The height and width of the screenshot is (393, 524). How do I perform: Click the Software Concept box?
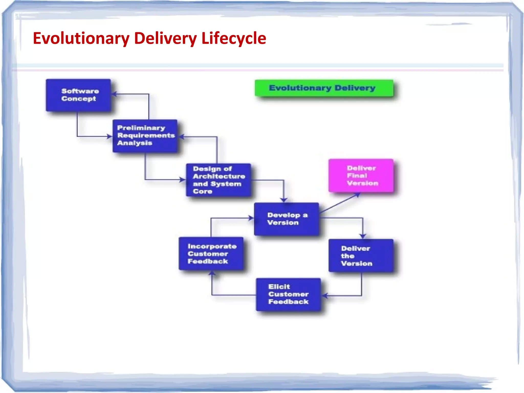(78, 95)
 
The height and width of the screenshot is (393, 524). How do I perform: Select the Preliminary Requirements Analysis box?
(145, 136)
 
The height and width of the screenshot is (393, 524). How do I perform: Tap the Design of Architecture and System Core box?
(218, 180)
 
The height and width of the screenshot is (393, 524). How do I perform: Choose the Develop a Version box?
(286, 219)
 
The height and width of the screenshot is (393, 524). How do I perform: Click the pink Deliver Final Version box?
(361, 176)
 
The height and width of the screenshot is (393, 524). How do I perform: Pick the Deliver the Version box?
(361, 256)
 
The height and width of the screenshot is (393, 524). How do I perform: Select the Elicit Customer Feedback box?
(288, 294)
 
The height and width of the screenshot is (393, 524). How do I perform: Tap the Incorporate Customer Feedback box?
(211, 253)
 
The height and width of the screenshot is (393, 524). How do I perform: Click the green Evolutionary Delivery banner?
(324, 88)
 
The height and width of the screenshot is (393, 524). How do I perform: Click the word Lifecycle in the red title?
(234, 38)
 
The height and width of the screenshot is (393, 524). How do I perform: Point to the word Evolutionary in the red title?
(81, 38)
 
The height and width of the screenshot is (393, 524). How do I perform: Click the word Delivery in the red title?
(165, 38)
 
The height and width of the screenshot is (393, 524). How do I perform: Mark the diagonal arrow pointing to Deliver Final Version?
(340, 203)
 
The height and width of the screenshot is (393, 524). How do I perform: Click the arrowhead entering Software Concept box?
(114, 94)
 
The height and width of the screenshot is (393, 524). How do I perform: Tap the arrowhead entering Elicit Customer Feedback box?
(325, 296)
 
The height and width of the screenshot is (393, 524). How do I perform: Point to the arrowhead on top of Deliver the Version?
(363, 236)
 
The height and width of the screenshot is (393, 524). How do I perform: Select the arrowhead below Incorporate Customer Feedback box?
(212, 273)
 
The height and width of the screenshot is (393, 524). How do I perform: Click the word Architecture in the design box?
(219, 176)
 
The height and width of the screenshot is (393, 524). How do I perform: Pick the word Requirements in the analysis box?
(146, 135)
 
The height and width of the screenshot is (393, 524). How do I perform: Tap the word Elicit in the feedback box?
(279, 287)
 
